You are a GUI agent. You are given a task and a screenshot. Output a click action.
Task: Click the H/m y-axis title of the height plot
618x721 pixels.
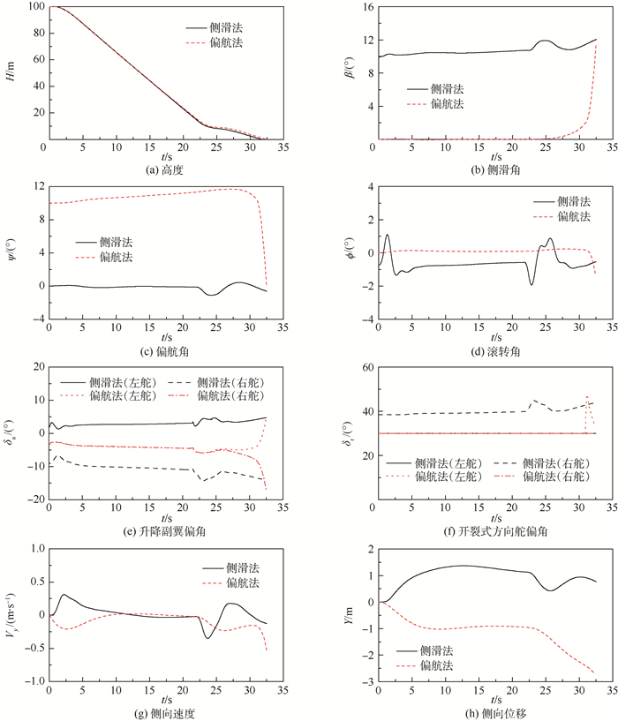click(12, 72)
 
